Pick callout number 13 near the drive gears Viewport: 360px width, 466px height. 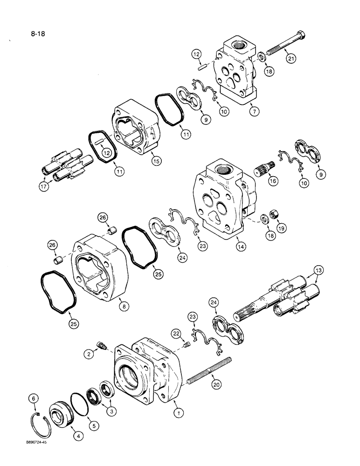318,271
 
